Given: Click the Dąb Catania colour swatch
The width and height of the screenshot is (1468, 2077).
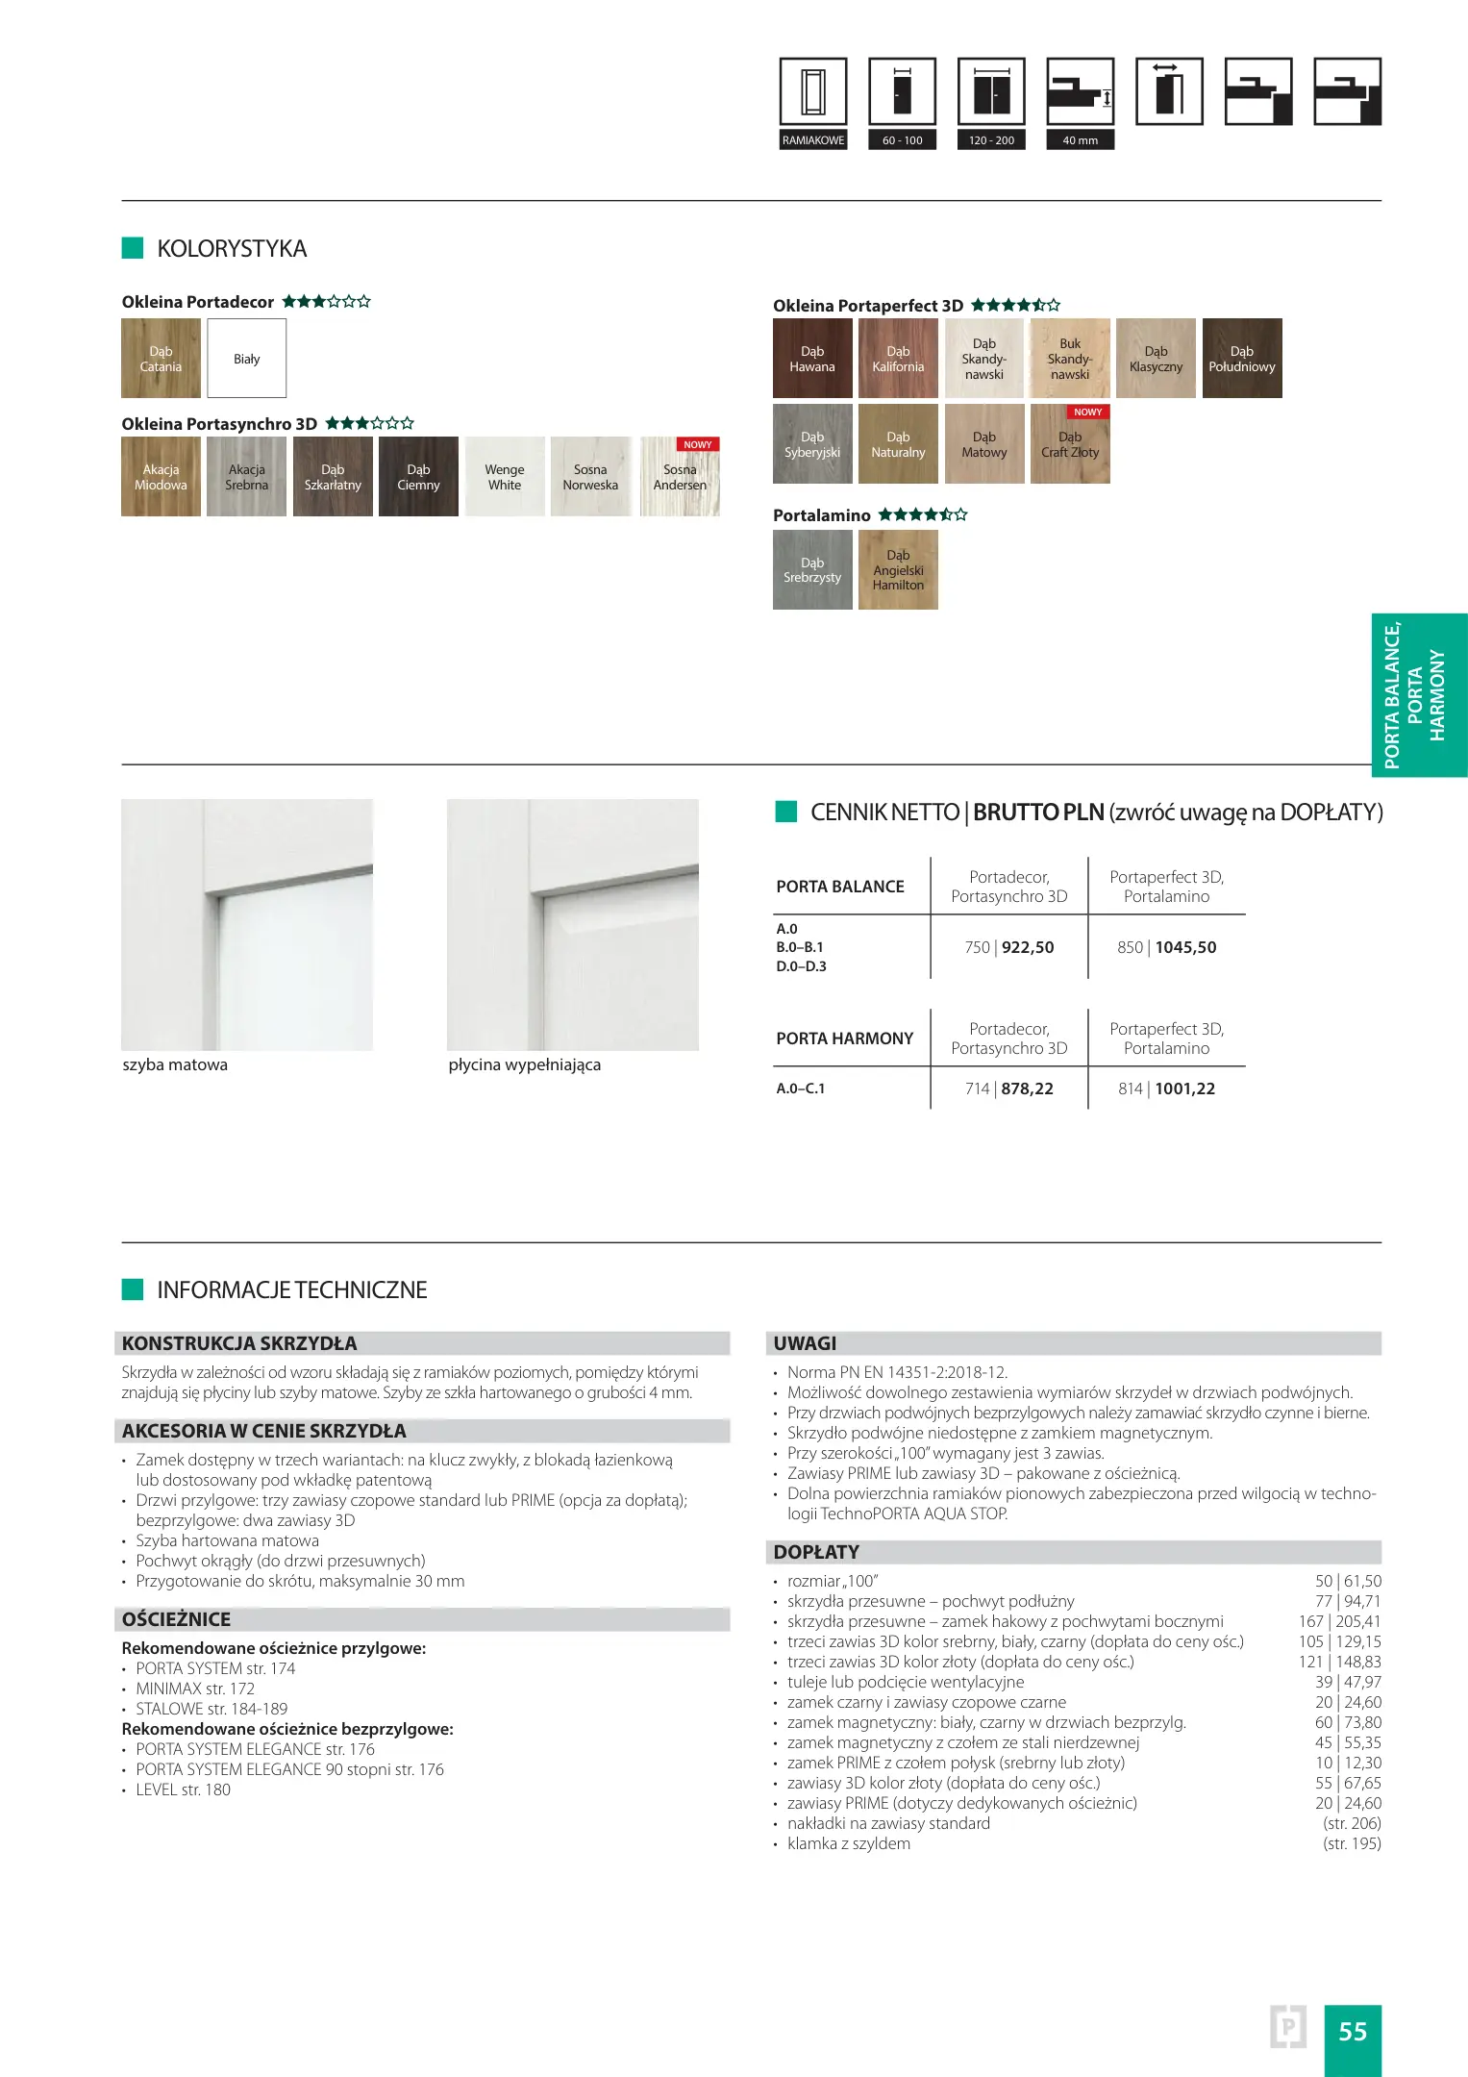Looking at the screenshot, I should (161, 359).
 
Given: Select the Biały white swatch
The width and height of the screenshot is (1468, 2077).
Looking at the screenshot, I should (247, 359).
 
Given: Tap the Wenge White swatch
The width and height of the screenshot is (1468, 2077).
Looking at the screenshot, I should (505, 477).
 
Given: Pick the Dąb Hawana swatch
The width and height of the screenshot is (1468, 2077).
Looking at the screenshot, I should (812, 359).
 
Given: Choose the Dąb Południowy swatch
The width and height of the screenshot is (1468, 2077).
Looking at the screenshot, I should (1242, 359).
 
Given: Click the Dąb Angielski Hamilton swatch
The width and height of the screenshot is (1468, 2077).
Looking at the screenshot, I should (898, 570).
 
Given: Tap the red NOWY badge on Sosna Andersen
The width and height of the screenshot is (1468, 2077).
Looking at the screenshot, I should (698, 445).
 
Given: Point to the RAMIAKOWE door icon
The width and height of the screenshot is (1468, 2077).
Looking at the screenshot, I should (813, 103).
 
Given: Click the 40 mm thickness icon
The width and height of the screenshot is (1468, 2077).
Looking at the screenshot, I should (1081, 103).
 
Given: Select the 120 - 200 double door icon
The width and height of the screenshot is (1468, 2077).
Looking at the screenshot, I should (991, 103).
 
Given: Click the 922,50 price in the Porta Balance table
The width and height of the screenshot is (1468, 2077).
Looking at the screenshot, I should (1028, 947).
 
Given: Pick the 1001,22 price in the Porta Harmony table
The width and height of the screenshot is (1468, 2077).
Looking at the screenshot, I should (1185, 1089).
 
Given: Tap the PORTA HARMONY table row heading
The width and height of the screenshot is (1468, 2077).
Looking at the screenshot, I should (844, 1038).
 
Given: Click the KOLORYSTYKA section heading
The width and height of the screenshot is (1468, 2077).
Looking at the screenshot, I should (232, 249).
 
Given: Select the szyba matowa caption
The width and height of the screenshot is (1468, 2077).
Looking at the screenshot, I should (175, 1064).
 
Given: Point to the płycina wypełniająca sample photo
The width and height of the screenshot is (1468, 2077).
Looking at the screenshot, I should (573, 924).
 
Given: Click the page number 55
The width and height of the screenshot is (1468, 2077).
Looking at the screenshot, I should (1353, 2031).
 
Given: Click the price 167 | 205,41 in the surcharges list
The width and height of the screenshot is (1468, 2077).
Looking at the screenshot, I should (1339, 1621).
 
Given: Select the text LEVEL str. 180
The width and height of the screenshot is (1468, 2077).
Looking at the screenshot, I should (183, 1789).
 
